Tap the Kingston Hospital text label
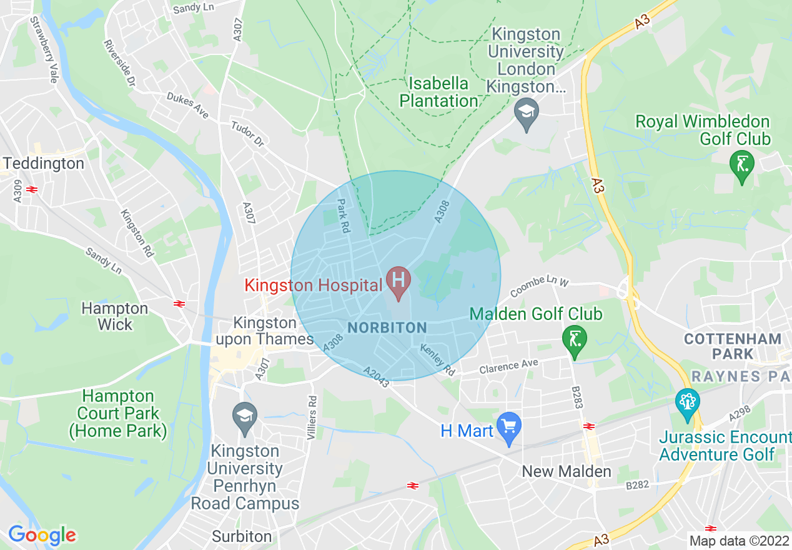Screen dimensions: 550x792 click(313, 286)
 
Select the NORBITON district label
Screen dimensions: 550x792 click(387, 327)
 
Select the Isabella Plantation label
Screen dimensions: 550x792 click(438, 92)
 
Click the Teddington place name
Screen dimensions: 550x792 click(44, 164)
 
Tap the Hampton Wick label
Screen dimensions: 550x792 click(115, 316)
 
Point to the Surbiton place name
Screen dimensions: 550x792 click(242, 536)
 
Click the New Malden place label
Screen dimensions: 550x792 click(567, 471)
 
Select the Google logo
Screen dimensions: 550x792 click(42, 536)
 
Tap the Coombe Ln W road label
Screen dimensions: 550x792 click(540, 287)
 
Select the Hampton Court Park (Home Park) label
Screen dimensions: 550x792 click(118, 413)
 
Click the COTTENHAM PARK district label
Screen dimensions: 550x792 click(732, 346)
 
